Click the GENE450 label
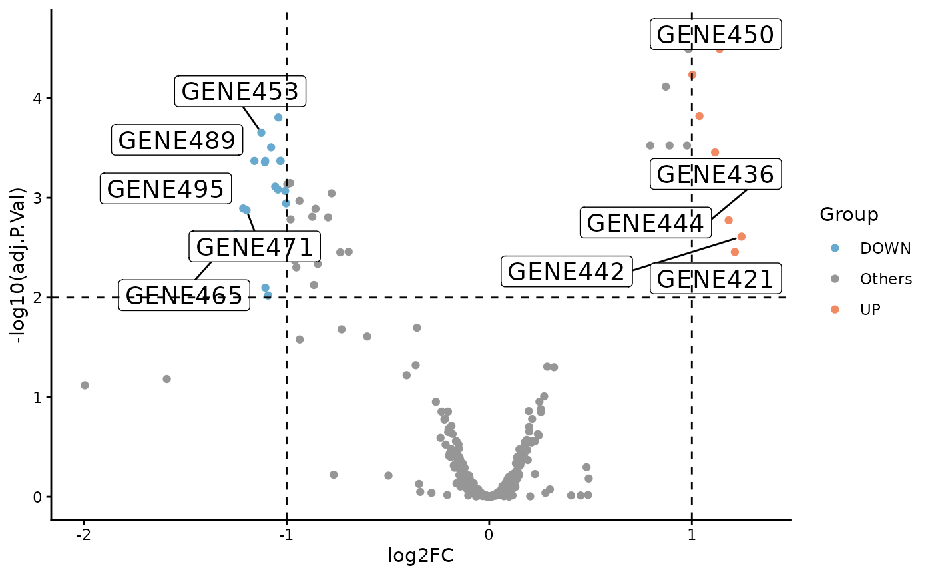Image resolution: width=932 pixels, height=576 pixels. tap(716, 35)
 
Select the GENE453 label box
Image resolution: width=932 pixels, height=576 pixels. tap(240, 91)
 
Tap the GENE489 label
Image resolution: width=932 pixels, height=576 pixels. tap(176, 141)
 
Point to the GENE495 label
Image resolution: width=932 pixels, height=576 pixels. tap(165, 189)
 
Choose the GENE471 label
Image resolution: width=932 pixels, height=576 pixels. tap(254, 247)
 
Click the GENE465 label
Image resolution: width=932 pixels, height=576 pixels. tap(184, 296)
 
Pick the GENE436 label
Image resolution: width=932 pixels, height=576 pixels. tap(716, 174)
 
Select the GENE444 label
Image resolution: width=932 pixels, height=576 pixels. tap(645, 223)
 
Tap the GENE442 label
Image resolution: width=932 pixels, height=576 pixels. tap(566, 272)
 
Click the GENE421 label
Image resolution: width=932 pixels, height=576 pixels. tap(716, 279)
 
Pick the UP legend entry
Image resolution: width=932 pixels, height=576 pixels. tap(870, 309)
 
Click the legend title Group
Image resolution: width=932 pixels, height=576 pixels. tap(849, 214)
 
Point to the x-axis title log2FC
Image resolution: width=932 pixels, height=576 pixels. tap(421, 555)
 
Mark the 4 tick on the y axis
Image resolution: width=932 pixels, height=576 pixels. tap(39, 98)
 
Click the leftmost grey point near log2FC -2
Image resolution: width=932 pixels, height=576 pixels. tap(85, 385)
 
